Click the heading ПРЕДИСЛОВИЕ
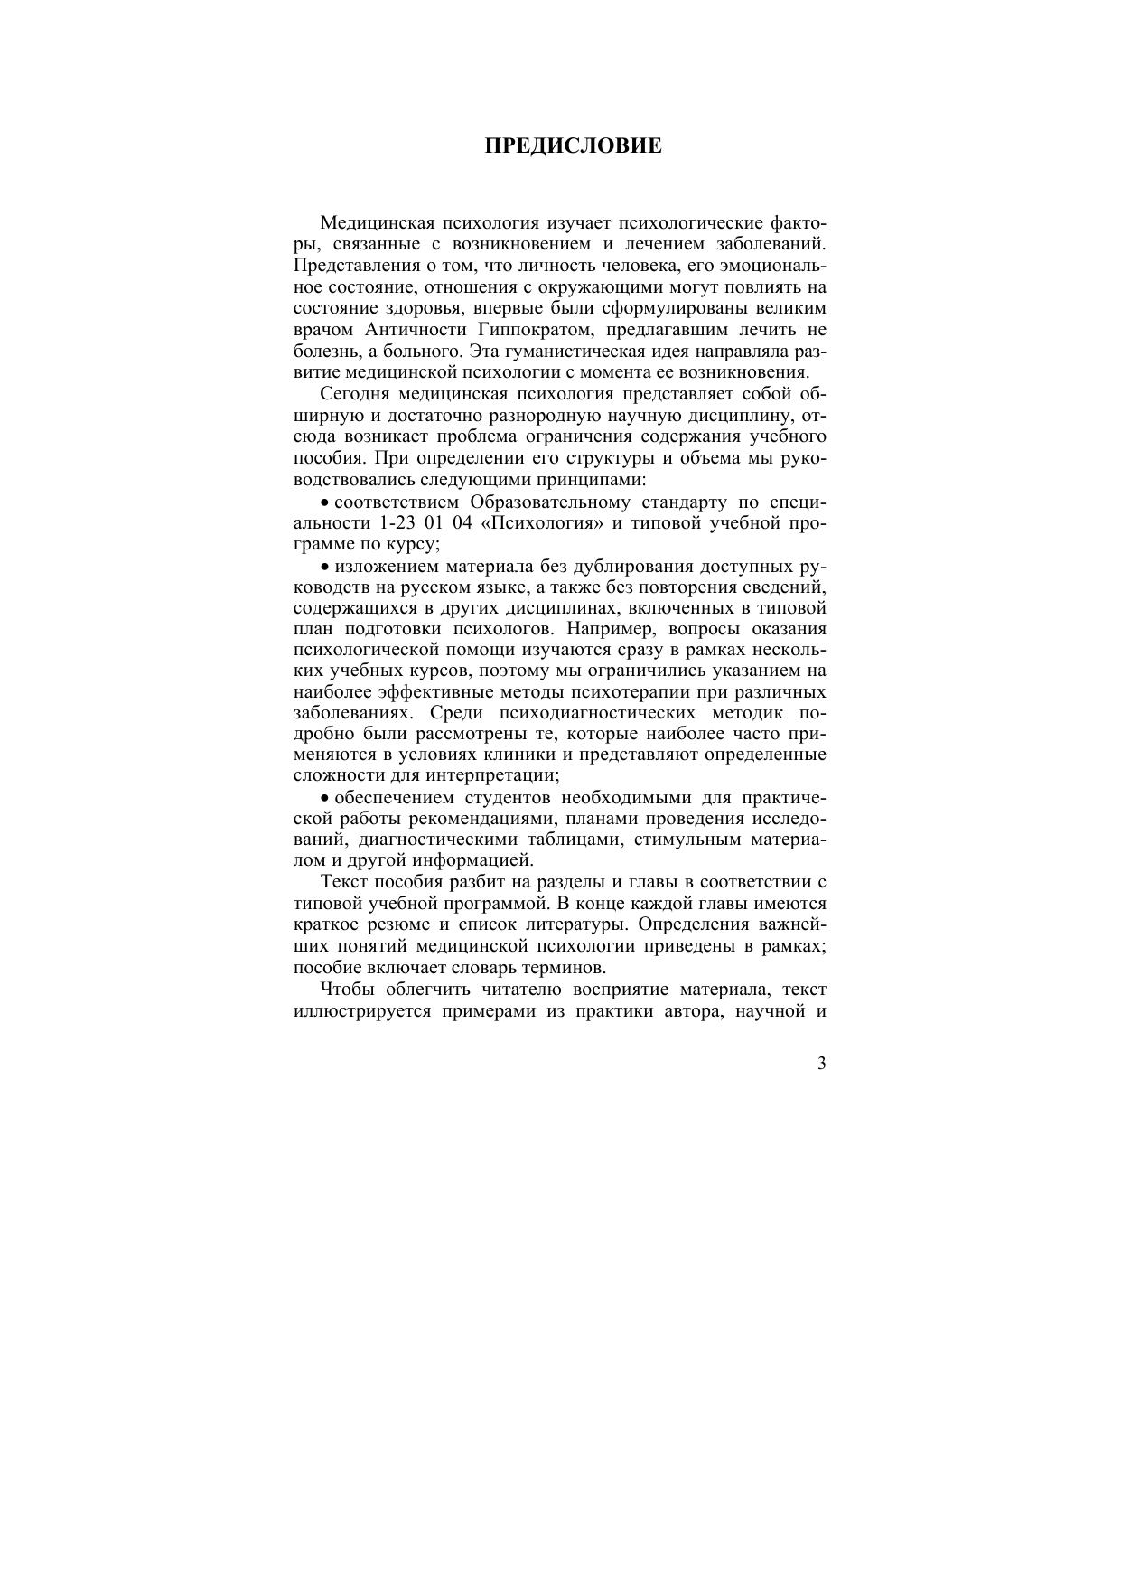click(573, 146)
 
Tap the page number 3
click(821, 1064)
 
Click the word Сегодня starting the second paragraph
click(353, 394)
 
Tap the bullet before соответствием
click(326, 503)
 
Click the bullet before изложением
click(326, 568)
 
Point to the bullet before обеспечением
click(326, 799)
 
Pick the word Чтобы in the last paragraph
click(343, 989)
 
